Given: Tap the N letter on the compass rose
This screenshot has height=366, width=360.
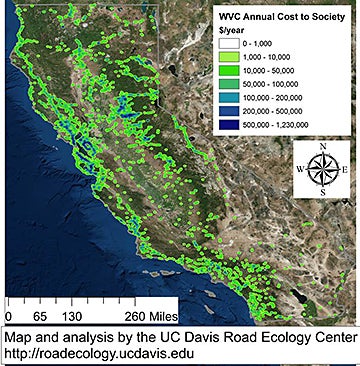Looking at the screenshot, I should coord(321,146).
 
